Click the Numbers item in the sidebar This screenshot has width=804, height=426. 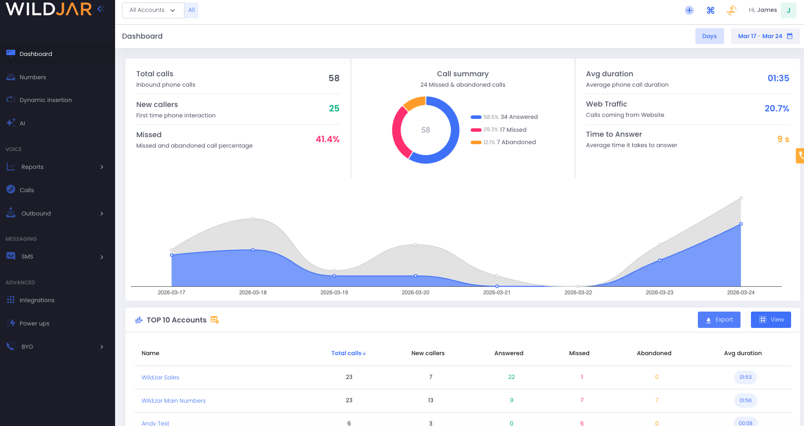pos(33,77)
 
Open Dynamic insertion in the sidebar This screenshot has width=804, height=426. pos(46,100)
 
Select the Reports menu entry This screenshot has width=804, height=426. pos(33,167)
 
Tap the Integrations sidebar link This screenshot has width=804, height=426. pos(37,300)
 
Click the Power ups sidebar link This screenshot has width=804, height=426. pos(34,323)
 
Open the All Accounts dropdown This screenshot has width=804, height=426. pos(153,10)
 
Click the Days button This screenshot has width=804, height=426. pos(709,36)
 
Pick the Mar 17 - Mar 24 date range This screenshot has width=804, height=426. pos(765,36)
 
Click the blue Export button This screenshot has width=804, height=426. pos(719,320)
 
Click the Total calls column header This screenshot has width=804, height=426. pos(348,353)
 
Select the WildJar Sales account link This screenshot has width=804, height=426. pos(160,377)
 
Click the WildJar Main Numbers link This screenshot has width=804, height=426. pos(174,401)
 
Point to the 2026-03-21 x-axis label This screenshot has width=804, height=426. pos(496,293)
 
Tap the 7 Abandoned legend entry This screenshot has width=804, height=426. pos(516,142)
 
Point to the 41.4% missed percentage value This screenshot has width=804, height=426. pos(327,139)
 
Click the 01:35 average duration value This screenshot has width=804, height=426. pos(778,78)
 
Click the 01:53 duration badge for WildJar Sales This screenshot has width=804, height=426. pos(745,377)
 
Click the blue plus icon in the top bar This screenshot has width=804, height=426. pos(689,10)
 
